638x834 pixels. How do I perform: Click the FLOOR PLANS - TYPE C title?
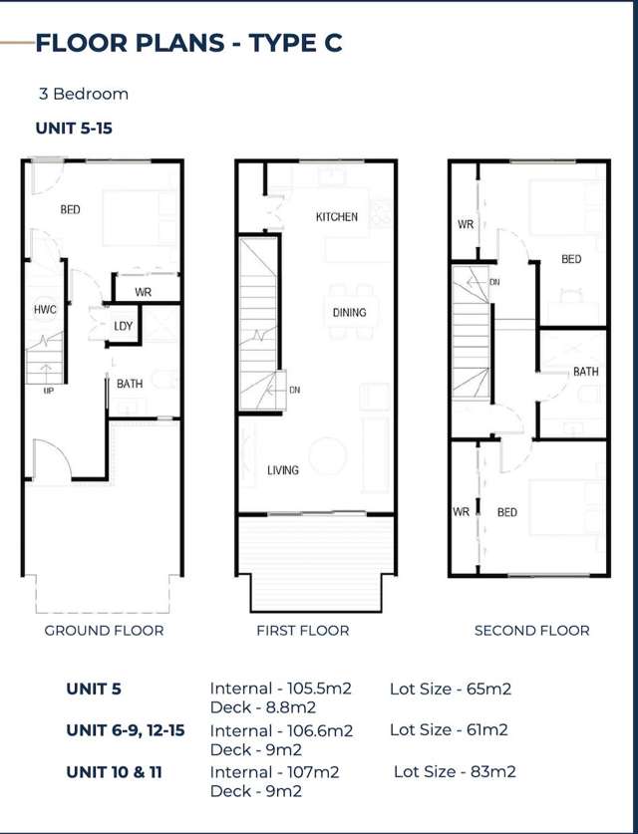(x=188, y=42)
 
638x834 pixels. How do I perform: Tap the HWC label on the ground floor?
(x=45, y=310)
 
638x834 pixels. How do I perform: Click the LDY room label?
(x=123, y=326)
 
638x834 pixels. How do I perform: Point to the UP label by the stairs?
(x=48, y=391)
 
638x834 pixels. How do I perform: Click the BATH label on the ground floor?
(x=130, y=384)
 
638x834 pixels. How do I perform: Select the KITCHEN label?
(x=337, y=217)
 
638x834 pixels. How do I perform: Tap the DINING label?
(x=349, y=313)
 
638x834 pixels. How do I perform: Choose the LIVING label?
(x=283, y=470)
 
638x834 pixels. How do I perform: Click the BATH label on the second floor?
(x=585, y=372)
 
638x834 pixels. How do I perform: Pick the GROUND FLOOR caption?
(x=104, y=631)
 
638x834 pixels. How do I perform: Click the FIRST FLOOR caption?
(x=303, y=631)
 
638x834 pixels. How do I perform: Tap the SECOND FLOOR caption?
(x=531, y=631)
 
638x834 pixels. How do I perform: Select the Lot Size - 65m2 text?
(x=450, y=689)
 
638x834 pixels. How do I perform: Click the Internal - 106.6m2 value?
(x=281, y=730)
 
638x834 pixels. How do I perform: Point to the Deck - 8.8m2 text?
(x=263, y=707)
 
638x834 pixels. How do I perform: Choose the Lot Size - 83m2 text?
(x=455, y=772)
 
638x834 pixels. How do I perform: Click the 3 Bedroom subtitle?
(x=84, y=95)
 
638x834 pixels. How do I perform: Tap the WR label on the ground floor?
(x=143, y=292)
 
